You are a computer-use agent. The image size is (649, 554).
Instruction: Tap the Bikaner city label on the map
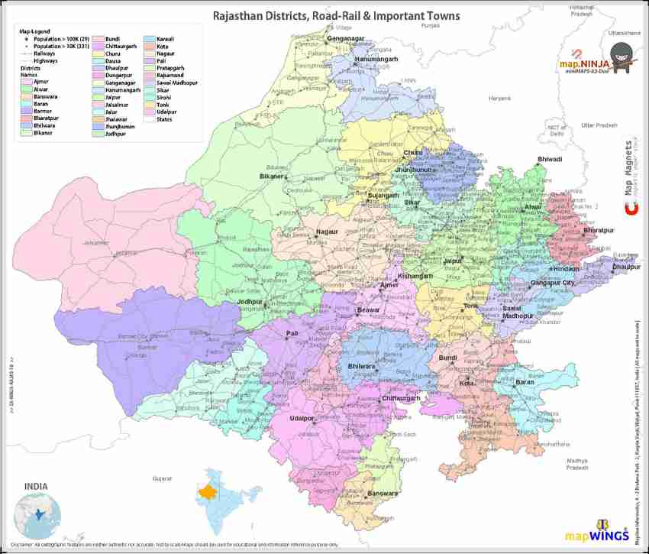pos(271,177)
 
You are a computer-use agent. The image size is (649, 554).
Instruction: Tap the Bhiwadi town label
pos(550,159)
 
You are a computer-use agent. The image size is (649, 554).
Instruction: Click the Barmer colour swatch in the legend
pos(26,112)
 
